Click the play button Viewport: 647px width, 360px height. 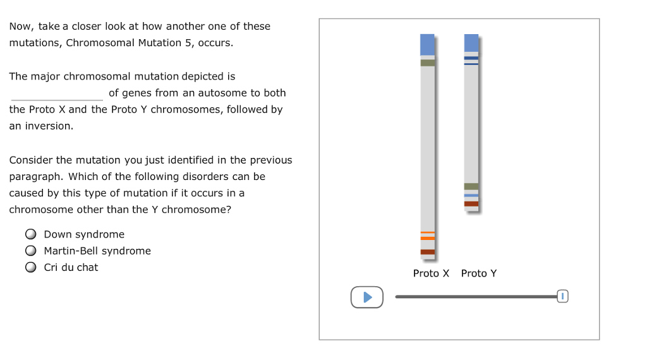point(367,297)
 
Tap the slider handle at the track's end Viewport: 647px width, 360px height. point(563,296)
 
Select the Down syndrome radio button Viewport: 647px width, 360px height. point(30,234)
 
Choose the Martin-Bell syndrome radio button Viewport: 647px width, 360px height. point(30,251)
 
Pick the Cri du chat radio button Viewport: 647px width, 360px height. point(30,267)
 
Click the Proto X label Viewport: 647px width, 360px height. point(431,273)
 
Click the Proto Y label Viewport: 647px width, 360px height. point(479,273)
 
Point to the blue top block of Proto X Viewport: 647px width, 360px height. point(427,44)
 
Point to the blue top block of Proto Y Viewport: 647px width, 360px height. point(471,42)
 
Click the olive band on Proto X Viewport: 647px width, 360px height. point(427,63)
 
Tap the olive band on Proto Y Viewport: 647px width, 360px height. point(471,186)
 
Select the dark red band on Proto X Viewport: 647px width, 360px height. point(427,252)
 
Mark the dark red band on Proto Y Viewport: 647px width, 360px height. point(471,203)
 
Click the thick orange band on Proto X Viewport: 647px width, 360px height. point(427,238)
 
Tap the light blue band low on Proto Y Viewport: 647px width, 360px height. point(471,195)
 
